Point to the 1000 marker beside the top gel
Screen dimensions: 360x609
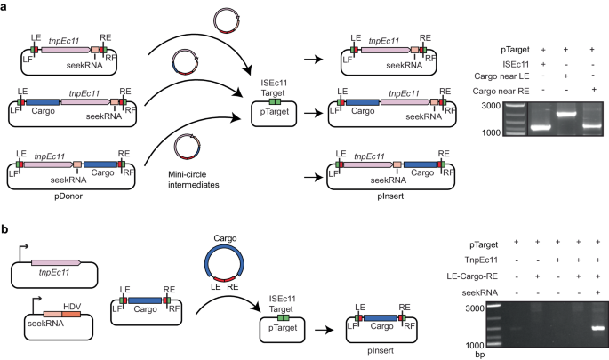pos(485,132)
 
